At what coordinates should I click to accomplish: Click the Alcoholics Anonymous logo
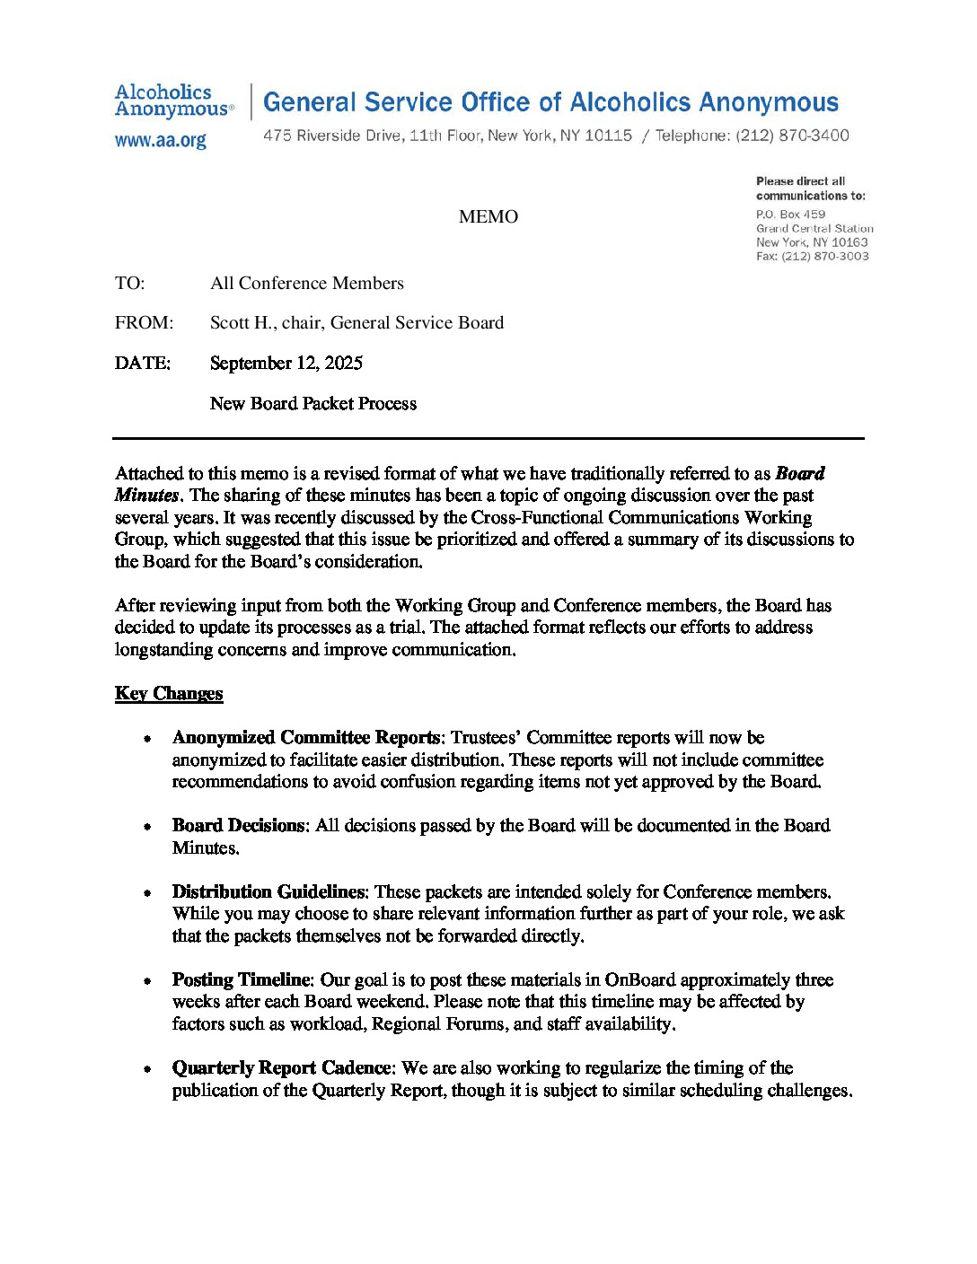[x=174, y=101]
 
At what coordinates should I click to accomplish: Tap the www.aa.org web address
[x=161, y=141]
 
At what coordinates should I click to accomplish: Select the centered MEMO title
[x=488, y=216]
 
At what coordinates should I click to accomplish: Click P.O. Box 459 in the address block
[x=790, y=215]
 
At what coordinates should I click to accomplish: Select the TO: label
[x=129, y=284]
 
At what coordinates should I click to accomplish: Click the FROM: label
[x=144, y=323]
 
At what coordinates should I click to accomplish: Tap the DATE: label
[x=142, y=364]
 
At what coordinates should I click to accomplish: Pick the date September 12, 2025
[x=286, y=364]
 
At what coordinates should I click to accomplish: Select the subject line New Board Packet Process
[x=313, y=404]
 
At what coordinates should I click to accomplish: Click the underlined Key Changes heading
[x=169, y=694]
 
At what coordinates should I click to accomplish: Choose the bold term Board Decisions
[x=239, y=826]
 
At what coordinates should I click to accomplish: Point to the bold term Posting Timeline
[x=242, y=980]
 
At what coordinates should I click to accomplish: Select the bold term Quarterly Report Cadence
[x=282, y=1068]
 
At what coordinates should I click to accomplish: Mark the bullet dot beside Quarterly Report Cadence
[x=146, y=1069]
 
